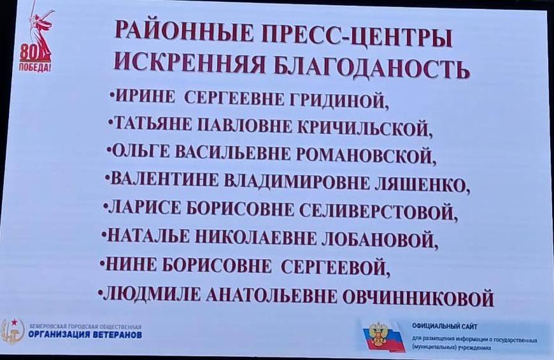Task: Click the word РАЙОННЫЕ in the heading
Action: (184, 35)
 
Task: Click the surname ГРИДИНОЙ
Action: (339, 100)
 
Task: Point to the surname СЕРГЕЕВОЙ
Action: (336, 268)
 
